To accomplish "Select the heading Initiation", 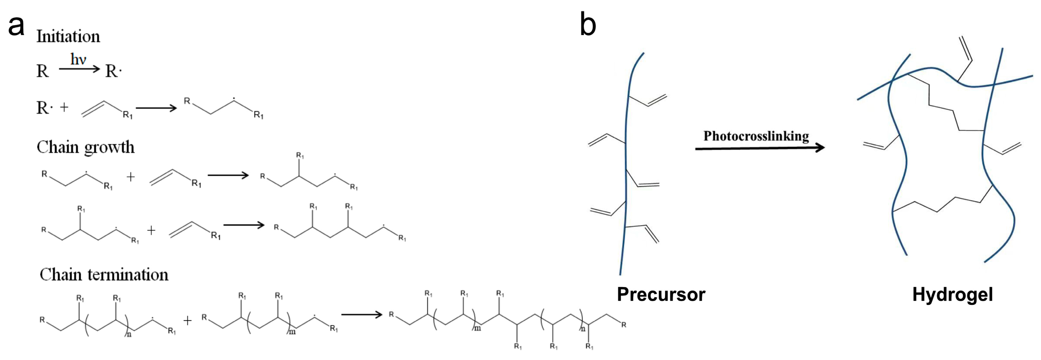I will coord(68,36).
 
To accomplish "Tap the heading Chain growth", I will coord(85,148).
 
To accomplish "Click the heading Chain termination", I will coord(104,275).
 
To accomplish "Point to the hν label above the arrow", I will coord(78,59).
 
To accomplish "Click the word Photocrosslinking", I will coord(756,136).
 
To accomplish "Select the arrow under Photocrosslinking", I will coord(760,148).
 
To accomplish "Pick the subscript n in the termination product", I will coord(583,329).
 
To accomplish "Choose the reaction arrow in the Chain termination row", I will coord(362,314).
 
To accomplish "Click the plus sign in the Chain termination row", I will coord(187,321).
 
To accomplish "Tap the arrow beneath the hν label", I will coord(79,69).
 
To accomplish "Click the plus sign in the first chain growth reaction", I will coord(130,177).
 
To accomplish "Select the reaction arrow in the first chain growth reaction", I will coord(228,175).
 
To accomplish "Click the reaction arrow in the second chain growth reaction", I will coord(244,225).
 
